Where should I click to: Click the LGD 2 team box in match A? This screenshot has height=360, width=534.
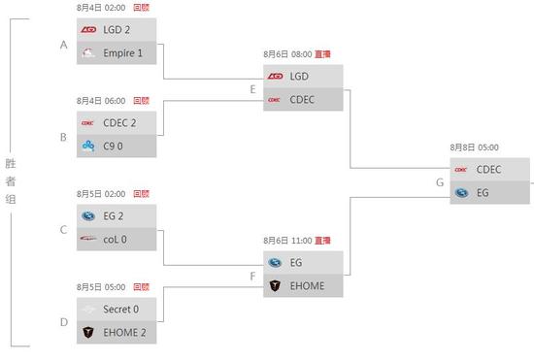pyautogui.click(x=117, y=29)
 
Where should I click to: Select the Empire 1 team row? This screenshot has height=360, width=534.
pyautogui.click(x=117, y=52)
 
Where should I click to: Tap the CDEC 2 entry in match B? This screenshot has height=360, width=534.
pyautogui.click(x=117, y=122)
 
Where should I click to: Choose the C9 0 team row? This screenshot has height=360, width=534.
pyautogui.click(x=117, y=146)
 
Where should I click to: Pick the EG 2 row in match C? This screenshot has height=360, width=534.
pyautogui.click(x=117, y=215)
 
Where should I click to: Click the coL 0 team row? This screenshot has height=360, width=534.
pyautogui.click(x=117, y=239)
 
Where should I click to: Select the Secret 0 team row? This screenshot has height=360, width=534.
pyautogui.click(x=117, y=309)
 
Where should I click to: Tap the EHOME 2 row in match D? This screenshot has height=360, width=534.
pyautogui.click(x=117, y=332)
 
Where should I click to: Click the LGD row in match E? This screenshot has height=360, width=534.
pyautogui.click(x=303, y=76)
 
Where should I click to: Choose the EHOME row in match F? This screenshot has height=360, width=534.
pyautogui.click(x=303, y=285)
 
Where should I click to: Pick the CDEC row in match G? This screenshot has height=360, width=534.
pyautogui.click(x=489, y=169)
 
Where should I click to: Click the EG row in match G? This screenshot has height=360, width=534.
pyautogui.click(x=489, y=192)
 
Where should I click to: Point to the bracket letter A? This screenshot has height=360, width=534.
pyautogui.click(x=63, y=45)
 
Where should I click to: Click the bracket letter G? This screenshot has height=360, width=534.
pyautogui.click(x=440, y=182)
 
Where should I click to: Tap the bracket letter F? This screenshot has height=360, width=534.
pyautogui.click(x=252, y=276)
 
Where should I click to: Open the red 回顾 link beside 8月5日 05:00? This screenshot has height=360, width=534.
pyautogui.click(x=141, y=286)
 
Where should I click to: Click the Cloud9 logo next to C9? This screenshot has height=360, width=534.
pyautogui.click(x=88, y=146)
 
